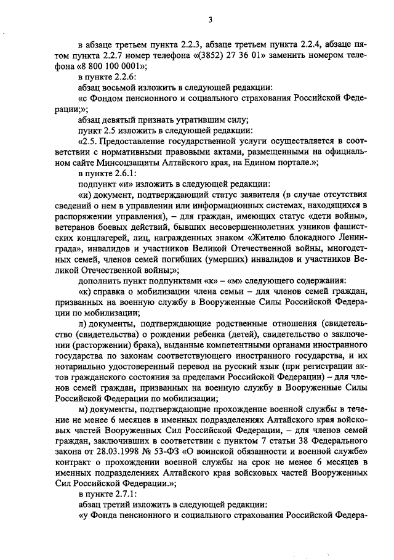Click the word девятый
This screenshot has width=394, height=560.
tap(116, 120)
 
